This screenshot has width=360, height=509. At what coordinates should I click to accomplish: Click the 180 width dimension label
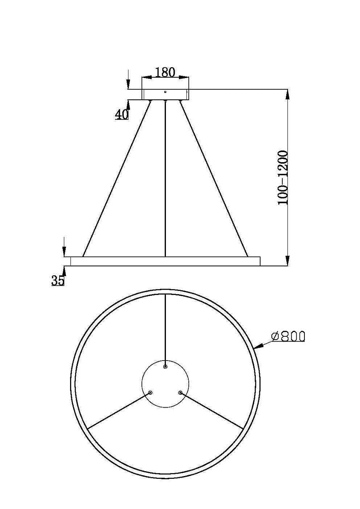165,72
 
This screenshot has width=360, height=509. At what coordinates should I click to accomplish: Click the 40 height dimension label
122,114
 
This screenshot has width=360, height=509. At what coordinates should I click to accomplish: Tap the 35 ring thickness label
58,280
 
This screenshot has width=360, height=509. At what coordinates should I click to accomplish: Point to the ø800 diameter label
288,336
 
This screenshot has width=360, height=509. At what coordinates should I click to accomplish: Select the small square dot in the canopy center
165,92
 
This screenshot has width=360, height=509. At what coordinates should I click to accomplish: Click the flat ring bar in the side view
165,261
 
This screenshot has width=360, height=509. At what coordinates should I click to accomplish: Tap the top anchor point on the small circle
166,367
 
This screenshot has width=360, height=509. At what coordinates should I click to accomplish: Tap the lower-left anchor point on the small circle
150,393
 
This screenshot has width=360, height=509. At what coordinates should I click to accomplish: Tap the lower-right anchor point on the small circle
180,393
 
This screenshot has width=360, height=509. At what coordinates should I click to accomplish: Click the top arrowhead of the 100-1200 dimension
287,93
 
